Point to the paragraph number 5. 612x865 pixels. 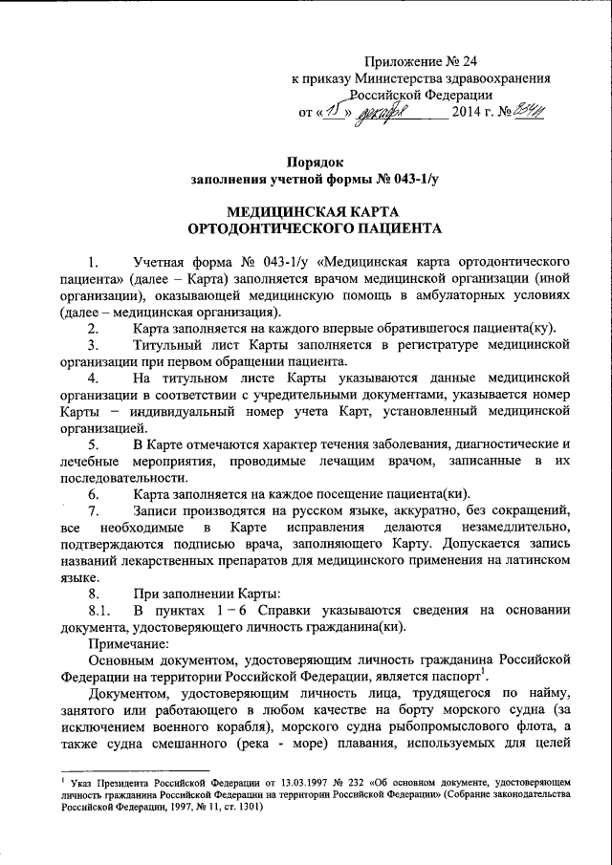93,445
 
